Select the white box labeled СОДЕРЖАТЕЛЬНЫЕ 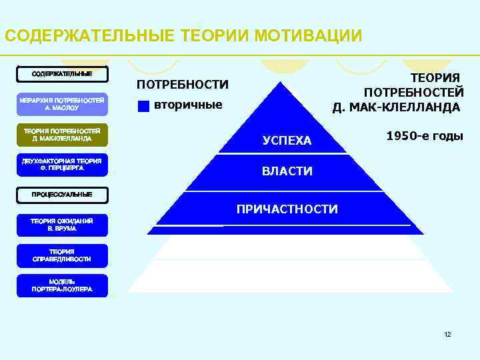click(62, 73)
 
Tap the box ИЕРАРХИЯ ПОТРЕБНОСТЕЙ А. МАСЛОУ click(62, 103)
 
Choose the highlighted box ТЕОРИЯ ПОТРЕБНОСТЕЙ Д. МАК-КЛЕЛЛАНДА click(62, 135)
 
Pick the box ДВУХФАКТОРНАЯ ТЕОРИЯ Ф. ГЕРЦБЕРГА click(62, 165)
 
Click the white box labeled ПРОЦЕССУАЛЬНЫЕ click(62, 194)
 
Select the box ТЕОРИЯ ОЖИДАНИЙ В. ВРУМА click(62, 224)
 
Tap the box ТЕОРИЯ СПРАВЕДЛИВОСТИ click(62, 255)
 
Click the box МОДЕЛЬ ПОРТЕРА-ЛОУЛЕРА click(62, 285)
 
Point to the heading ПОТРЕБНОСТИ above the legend click(182, 85)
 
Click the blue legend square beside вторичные click(143, 105)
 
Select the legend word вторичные click(188, 105)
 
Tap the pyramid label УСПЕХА click(287, 141)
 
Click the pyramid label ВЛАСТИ click(287, 171)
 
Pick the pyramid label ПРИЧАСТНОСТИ click(287, 209)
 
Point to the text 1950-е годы click(425, 135)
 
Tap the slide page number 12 click(447, 333)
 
